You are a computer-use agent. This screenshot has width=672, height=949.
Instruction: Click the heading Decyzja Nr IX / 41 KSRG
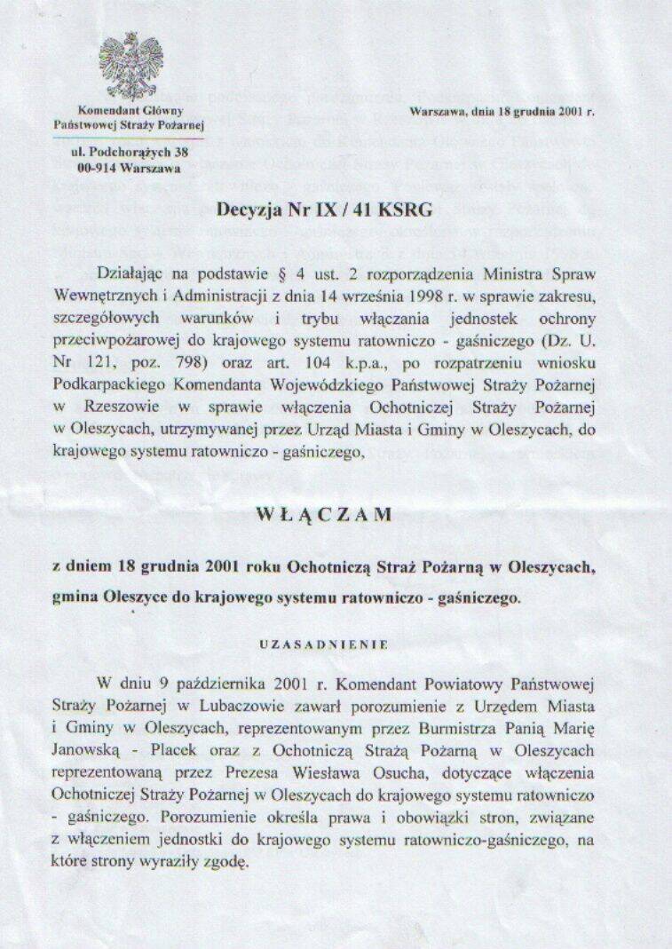324,210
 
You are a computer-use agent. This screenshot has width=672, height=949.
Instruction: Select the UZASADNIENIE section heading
323,645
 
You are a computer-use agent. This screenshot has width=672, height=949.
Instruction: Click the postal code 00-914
100,167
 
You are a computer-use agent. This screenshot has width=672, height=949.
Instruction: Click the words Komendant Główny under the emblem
130,111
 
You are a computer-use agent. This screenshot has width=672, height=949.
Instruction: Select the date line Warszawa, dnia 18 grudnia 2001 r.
502,112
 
